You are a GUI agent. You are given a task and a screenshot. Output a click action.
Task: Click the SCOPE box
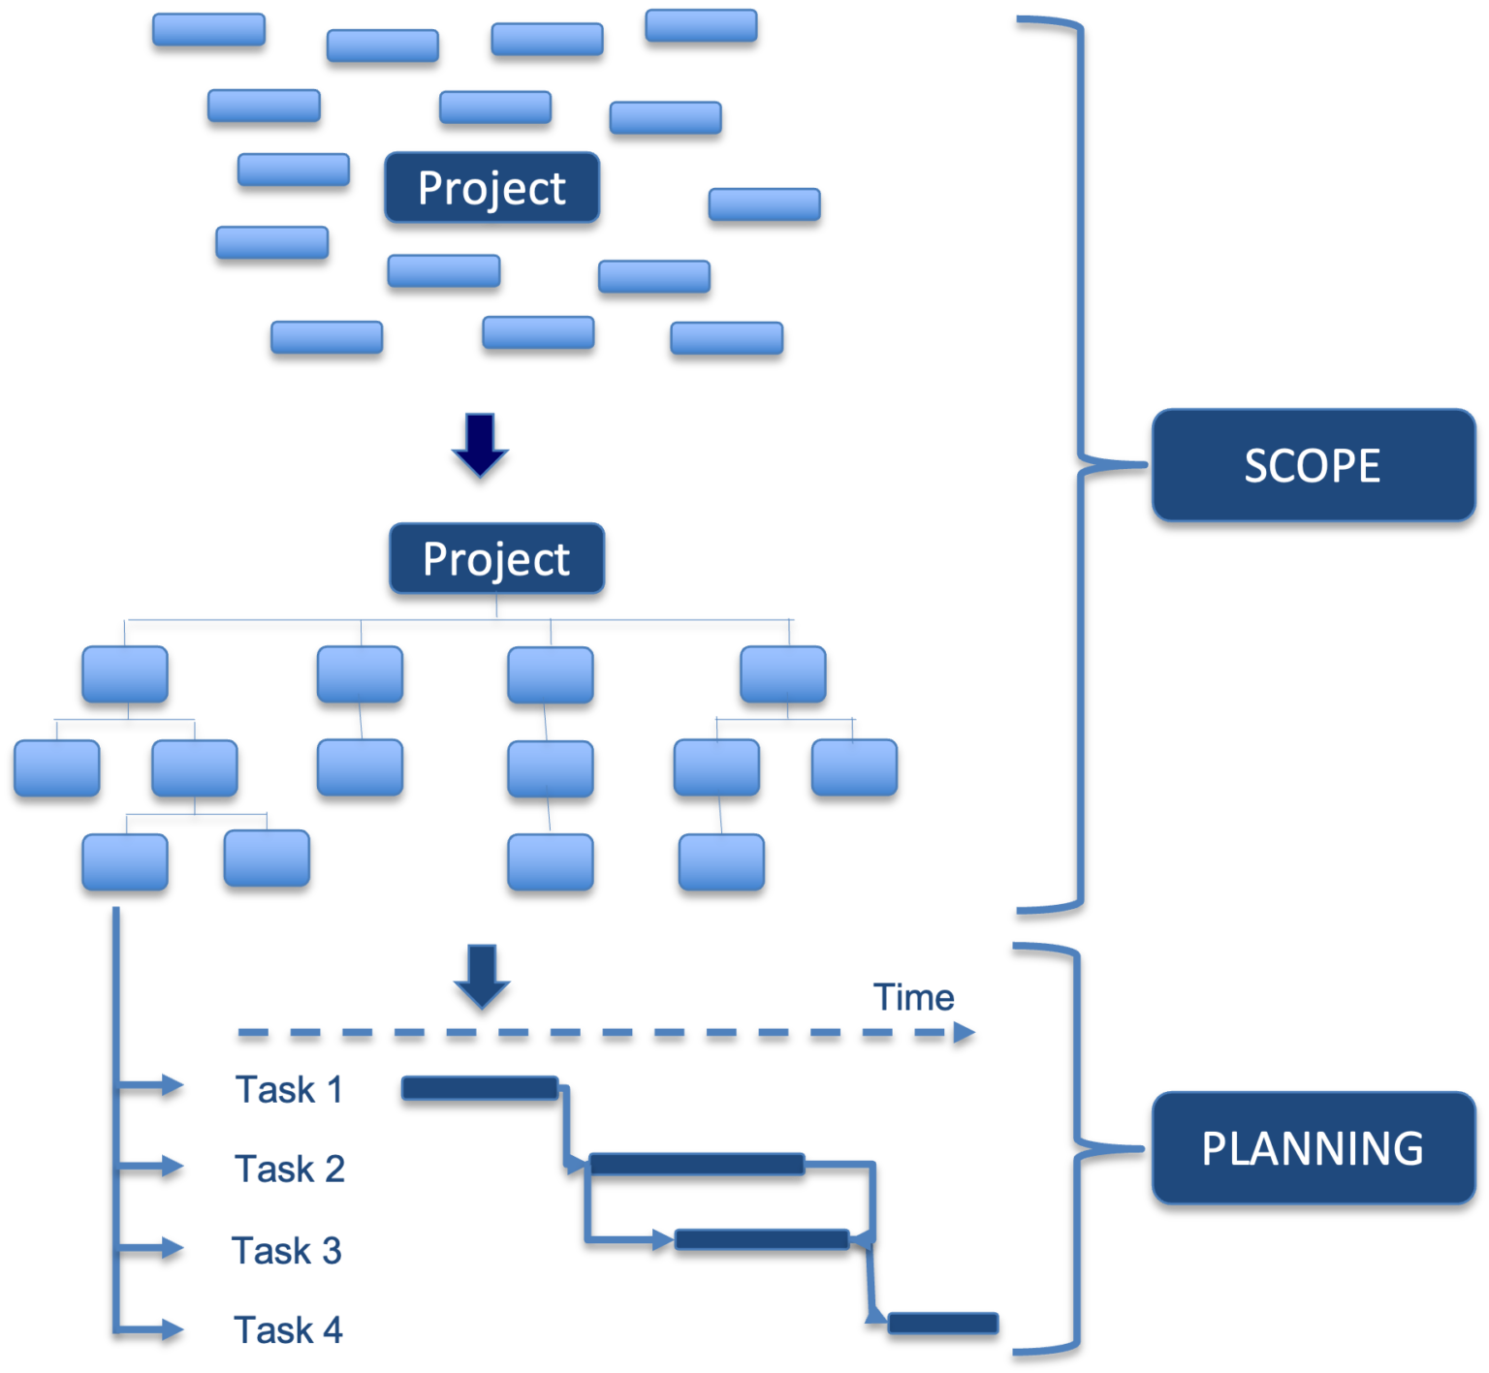tap(1313, 465)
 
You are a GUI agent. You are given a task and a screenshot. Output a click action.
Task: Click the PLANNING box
tap(1313, 1148)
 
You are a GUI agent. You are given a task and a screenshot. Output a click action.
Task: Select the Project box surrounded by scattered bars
tap(491, 187)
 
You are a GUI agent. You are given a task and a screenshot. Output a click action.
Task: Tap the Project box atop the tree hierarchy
tap(496, 558)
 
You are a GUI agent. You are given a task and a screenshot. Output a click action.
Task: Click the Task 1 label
tap(289, 1089)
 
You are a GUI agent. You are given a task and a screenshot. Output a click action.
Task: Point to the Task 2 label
tap(289, 1169)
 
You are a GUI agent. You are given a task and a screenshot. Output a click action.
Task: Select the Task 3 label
tap(287, 1250)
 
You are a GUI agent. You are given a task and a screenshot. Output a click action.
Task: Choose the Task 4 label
tap(288, 1329)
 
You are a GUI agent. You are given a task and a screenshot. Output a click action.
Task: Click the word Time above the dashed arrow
tap(913, 997)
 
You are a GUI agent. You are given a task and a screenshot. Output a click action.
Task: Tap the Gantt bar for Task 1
tap(480, 1088)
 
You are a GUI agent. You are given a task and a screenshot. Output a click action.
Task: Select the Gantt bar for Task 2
tap(696, 1164)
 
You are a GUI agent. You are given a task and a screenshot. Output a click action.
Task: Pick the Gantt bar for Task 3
tap(762, 1239)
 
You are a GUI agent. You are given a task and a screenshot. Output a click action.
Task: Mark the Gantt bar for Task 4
tap(943, 1323)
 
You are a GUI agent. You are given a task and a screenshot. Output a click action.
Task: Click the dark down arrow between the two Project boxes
tap(480, 445)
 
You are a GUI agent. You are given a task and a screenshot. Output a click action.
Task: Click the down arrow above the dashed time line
tap(482, 975)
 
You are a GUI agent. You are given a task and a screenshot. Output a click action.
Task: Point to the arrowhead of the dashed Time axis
tap(964, 1032)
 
